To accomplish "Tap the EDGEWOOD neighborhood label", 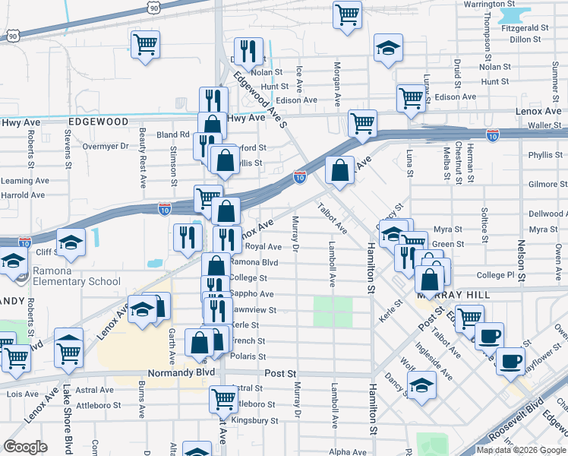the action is [98, 122].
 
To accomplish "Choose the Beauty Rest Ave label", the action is [142, 157].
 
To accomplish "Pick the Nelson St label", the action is [521, 258].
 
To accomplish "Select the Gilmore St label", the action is [545, 185].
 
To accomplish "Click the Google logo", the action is [25, 447].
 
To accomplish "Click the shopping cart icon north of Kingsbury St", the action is [223, 397].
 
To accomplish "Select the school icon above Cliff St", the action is [71, 241].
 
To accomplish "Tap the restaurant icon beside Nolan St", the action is [248, 50].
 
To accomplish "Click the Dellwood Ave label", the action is [545, 214].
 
